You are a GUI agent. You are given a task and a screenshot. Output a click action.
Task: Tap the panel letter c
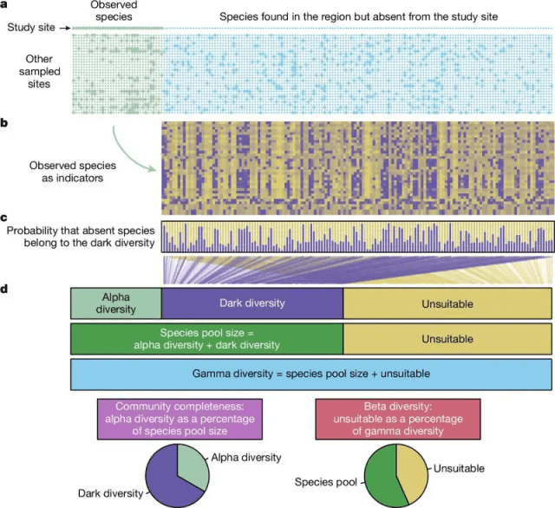pyautogui.click(x=5, y=216)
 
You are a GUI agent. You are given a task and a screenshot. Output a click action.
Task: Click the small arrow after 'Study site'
pyautogui.click(x=62, y=29)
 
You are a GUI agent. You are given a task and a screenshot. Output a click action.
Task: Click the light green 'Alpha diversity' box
pyautogui.click(x=115, y=303)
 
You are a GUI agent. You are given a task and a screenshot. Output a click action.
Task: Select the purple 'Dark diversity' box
pyautogui.click(x=251, y=303)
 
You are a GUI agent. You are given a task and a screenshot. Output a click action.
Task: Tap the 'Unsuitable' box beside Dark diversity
pyautogui.click(x=447, y=303)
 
